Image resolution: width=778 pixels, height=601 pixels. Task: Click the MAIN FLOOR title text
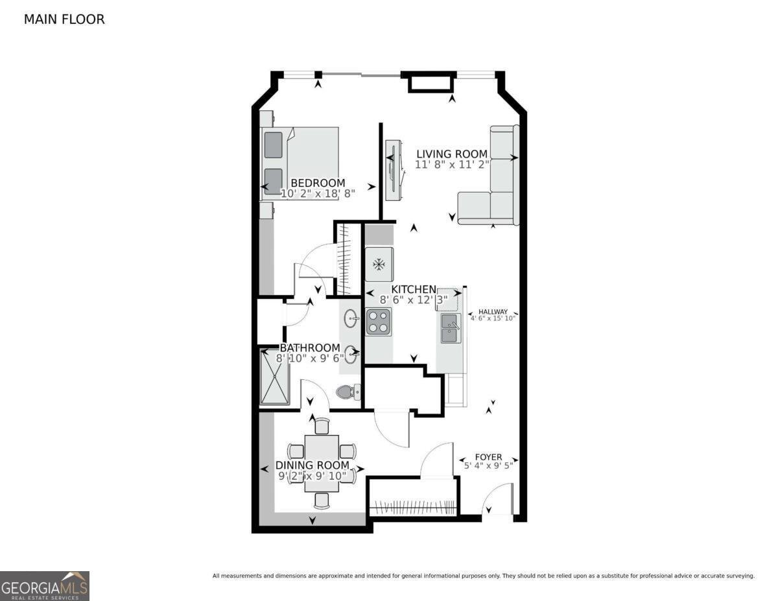coord(64,19)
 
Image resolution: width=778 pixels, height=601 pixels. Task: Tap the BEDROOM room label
coord(318,183)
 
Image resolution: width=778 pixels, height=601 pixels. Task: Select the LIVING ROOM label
coord(451,154)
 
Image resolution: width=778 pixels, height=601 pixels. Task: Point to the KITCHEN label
coord(413,289)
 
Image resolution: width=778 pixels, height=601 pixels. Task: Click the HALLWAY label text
coord(493,311)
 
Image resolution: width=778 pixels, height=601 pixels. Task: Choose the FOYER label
coord(488,457)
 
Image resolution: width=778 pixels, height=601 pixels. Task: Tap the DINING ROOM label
coord(312,465)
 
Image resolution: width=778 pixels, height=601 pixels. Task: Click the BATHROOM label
coord(310,348)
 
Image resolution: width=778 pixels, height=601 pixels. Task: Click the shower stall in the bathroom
coord(275,377)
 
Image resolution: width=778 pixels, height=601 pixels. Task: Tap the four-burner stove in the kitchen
coord(379,322)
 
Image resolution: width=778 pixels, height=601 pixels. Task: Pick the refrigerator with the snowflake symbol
coord(379,264)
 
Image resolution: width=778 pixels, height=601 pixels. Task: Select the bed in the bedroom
coord(300,159)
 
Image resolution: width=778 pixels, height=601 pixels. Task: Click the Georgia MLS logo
coord(45,586)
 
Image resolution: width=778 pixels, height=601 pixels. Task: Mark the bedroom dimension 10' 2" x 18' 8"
coord(318,193)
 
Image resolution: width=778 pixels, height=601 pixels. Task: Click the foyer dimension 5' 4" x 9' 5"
coord(488,465)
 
